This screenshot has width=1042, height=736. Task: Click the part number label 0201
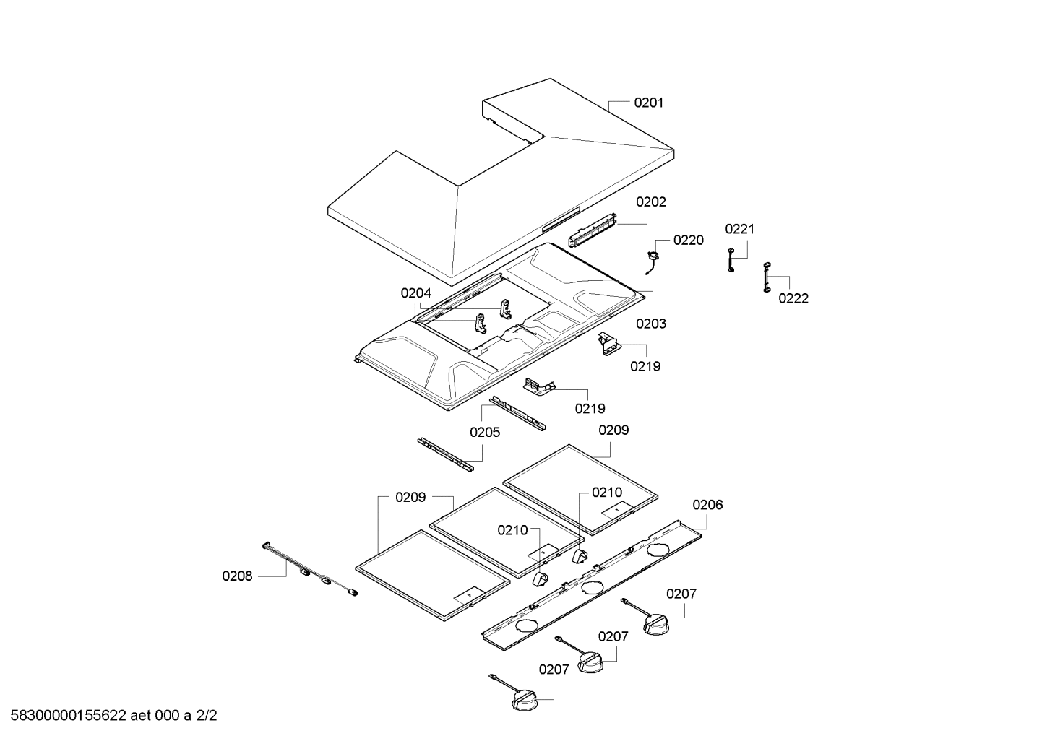click(648, 103)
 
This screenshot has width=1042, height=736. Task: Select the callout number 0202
click(650, 202)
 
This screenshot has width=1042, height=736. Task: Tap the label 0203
click(650, 324)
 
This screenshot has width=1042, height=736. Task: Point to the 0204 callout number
click(415, 293)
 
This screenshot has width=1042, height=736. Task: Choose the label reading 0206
click(707, 505)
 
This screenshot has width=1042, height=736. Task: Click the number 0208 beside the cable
click(237, 576)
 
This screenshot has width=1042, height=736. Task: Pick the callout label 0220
click(688, 241)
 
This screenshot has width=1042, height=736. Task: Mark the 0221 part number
click(739, 230)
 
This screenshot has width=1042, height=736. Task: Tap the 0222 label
click(793, 298)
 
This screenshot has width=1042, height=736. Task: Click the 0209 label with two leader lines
click(410, 497)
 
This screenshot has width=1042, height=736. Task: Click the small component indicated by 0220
click(655, 256)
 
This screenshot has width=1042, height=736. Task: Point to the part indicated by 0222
click(764, 278)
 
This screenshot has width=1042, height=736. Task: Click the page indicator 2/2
click(207, 716)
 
